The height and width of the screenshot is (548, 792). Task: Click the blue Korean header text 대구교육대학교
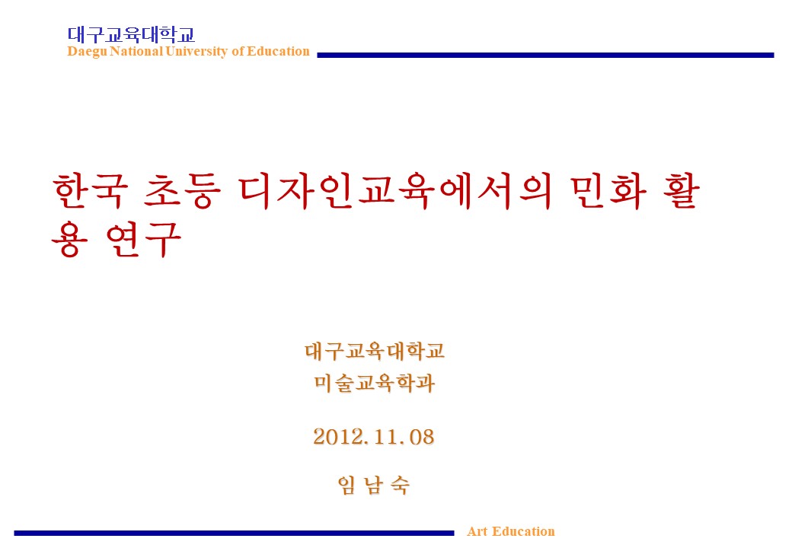(131, 35)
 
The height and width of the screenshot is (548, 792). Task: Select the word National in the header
(136, 52)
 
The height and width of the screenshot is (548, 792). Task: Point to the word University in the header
(196, 52)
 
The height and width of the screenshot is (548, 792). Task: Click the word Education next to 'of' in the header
(278, 52)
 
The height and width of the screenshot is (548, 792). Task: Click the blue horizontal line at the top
(545, 55)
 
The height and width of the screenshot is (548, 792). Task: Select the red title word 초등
(182, 191)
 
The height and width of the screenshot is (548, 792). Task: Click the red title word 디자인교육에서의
(395, 191)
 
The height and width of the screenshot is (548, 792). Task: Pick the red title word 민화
(609, 191)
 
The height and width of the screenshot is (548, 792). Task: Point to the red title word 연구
(144, 240)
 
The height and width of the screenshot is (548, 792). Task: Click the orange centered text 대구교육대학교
(374, 351)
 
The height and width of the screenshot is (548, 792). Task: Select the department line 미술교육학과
(374, 383)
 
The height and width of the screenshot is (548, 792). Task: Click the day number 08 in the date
(421, 437)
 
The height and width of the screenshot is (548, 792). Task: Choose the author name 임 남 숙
(374, 486)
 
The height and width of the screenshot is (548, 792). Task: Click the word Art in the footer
(477, 531)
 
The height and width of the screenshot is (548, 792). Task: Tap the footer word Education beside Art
(523, 531)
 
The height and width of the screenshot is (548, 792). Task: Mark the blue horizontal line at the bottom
(234, 533)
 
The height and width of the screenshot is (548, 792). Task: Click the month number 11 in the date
(385, 437)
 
